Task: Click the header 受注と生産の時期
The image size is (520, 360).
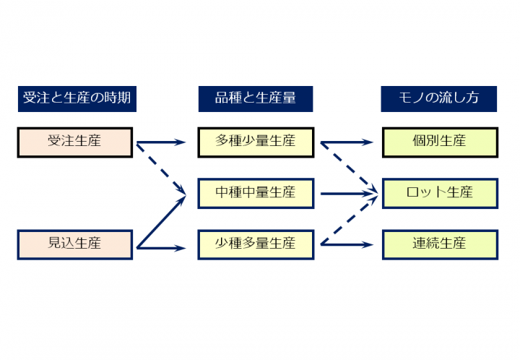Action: (77, 99)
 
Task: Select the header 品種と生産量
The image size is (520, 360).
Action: (256, 99)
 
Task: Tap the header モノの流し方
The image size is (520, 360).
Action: (439, 99)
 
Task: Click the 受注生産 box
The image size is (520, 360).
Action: (75, 142)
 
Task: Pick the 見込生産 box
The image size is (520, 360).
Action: (75, 244)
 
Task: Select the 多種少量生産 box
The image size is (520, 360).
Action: (256, 142)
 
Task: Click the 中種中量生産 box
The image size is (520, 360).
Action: (256, 194)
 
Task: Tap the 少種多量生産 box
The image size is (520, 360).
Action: (256, 244)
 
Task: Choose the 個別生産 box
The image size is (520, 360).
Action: (440, 142)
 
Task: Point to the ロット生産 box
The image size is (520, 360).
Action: (440, 194)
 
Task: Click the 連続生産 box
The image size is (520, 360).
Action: (440, 244)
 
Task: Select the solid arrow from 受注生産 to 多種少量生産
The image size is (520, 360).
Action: (161, 142)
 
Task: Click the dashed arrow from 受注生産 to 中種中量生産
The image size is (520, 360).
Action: (161, 168)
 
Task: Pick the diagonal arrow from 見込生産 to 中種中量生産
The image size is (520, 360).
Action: (161, 222)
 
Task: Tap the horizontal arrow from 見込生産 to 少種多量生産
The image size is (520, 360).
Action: (161, 248)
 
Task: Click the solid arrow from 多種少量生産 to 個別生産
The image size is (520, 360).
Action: (347, 142)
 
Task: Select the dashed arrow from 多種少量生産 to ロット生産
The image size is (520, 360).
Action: (349, 168)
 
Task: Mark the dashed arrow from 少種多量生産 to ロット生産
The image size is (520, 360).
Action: (349, 220)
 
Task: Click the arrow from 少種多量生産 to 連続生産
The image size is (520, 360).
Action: (347, 245)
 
